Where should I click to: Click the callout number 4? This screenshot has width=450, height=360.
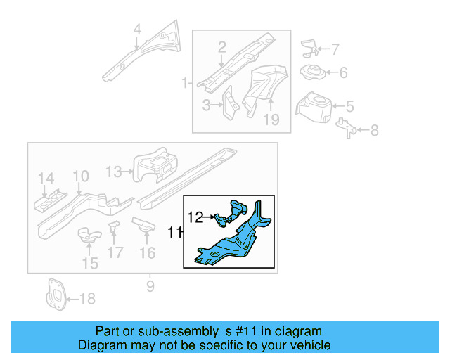[x=138, y=30]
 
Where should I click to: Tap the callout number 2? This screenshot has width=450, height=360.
[x=221, y=48]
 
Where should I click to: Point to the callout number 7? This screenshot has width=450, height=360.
[x=335, y=49]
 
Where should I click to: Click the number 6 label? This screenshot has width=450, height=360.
[x=343, y=72]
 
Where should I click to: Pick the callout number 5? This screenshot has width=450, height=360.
[x=349, y=107]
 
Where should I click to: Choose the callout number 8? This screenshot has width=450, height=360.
[x=374, y=130]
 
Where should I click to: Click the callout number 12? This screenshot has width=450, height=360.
[x=195, y=217]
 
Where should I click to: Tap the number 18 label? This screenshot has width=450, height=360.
[x=86, y=299]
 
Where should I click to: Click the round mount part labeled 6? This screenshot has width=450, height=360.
[x=311, y=72]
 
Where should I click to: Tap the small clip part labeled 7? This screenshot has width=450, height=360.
[x=307, y=48]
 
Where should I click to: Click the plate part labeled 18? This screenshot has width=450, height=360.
[x=54, y=295]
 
